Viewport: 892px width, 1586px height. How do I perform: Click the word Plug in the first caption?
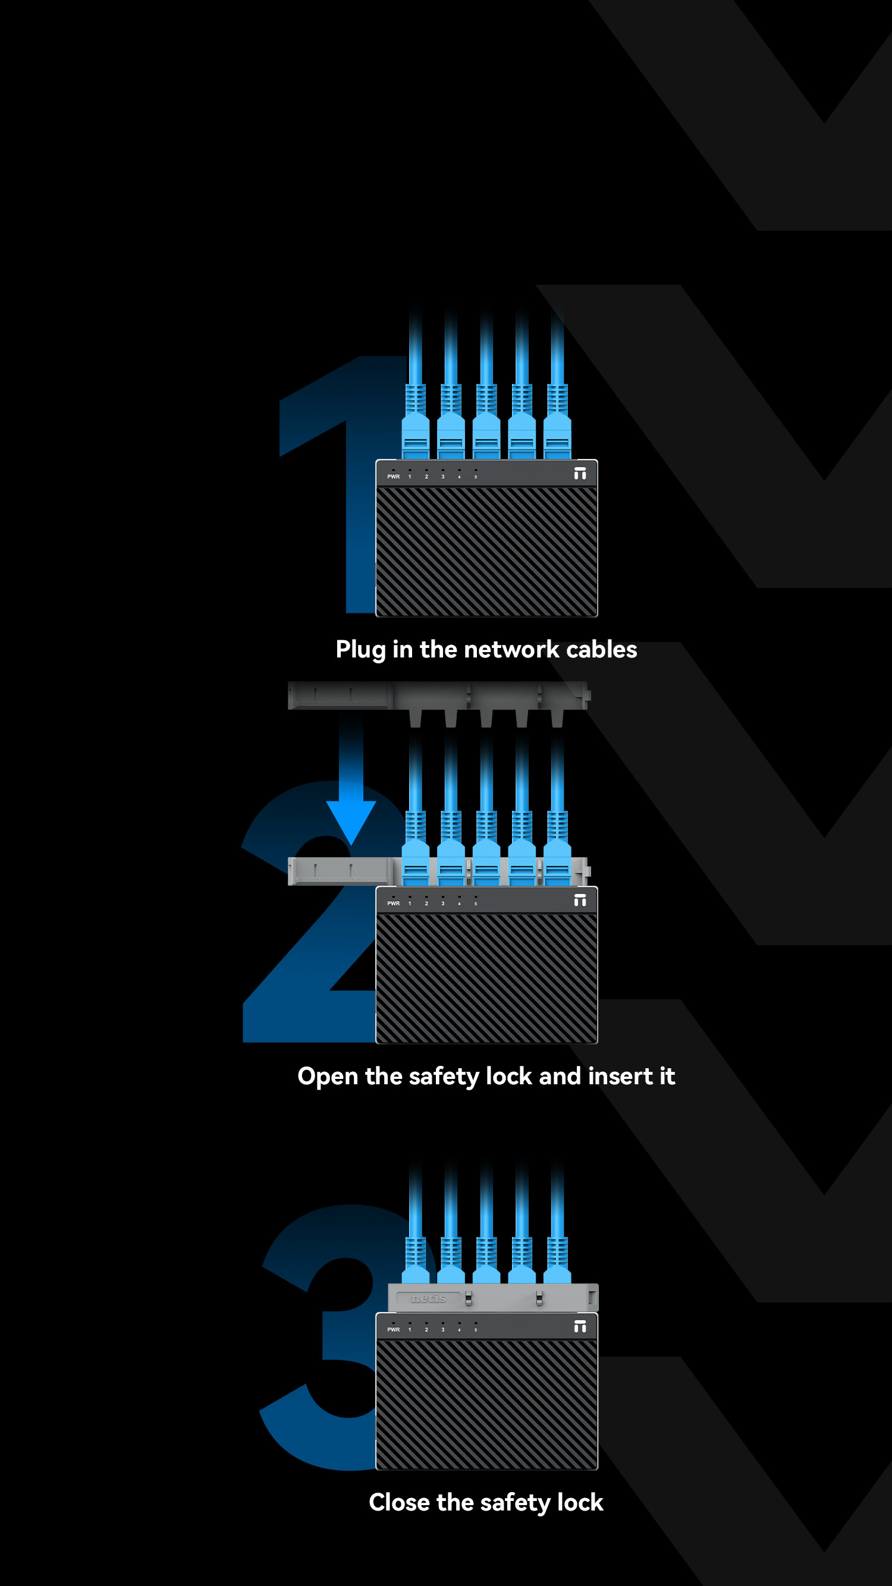pyautogui.click(x=360, y=650)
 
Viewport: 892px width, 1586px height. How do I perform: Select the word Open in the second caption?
pyautogui.click(x=328, y=1076)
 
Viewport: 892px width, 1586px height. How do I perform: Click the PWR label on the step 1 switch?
pyautogui.click(x=393, y=477)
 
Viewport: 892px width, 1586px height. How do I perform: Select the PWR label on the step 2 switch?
pyautogui.click(x=393, y=903)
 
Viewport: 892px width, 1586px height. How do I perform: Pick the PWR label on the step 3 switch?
pyautogui.click(x=393, y=1329)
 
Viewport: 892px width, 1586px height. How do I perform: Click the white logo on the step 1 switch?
pyautogui.click(x=580, y=473)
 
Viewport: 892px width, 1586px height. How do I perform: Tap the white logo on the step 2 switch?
pyautogui.click(x=580, y=900)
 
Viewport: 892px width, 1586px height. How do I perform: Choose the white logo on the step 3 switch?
pyautogui.click(x=580, y=1326)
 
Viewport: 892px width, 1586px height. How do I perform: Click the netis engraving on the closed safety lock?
pyautogui.click(x=428, y=1298)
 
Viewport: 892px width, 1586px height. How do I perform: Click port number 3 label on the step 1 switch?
pyautogui.click(x=442, y=477)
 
